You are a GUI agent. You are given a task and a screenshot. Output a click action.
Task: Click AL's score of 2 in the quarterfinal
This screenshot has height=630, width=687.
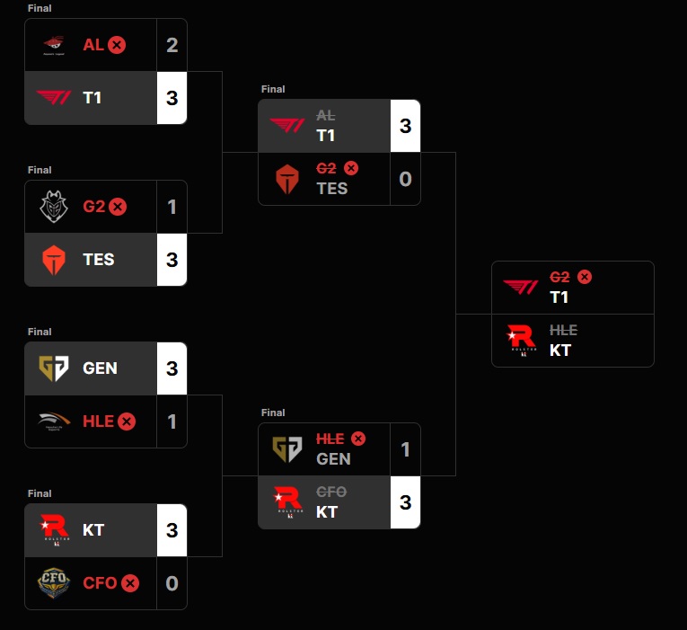[x=172, y=45]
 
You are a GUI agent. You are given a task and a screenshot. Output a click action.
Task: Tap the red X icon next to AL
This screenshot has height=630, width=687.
[x=117, y=45]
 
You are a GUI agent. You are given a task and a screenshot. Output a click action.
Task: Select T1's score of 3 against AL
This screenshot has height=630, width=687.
[x=172, y=97]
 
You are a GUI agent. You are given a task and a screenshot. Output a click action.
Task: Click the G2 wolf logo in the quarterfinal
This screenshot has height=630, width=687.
[x=52, y=207]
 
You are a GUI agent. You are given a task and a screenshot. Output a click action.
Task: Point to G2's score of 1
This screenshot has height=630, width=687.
[x=172, y=207]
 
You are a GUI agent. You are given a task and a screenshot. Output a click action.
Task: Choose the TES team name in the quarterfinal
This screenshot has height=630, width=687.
[x=99, y=260]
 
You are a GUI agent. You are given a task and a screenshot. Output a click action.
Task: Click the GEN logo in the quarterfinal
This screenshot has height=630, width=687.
[x=52, y=368]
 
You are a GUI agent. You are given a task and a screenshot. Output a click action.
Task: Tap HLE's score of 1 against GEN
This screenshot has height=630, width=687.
[x=172, y=421]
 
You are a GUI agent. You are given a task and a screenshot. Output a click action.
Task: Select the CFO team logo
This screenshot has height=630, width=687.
[x=52, y=583]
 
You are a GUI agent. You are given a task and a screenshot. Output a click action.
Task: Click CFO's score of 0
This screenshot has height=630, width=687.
[x=172, y=583]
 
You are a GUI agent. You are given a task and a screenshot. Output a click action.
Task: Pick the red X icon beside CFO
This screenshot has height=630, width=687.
[x=130, y=583]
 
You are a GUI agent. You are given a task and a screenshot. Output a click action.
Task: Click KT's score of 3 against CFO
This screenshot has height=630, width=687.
[x=172, y=529]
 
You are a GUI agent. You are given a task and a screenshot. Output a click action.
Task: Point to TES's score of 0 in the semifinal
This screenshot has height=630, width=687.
[x=405, y=179]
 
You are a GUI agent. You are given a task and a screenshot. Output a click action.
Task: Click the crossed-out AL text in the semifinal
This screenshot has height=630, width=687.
[x=325, y=117]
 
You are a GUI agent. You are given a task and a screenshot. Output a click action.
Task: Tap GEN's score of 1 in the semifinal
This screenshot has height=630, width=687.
[x=405, y=448]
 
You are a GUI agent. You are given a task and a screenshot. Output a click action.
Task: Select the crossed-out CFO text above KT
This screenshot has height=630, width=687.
[x=330, y=492]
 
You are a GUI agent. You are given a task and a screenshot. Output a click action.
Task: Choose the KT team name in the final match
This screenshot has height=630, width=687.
[x=560, y=350]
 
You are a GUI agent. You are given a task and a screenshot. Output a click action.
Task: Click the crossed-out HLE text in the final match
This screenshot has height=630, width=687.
[x=563, y=331]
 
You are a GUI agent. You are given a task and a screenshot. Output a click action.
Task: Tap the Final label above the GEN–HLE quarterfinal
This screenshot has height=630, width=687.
[x=40, y=332]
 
